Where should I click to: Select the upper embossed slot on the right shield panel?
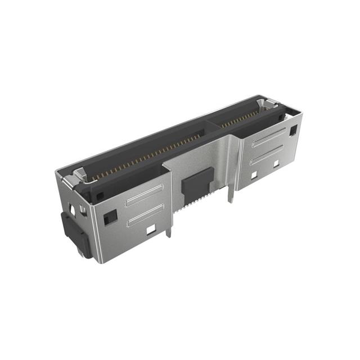pos(268,137)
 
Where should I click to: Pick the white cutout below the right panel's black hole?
pos(276,164)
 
